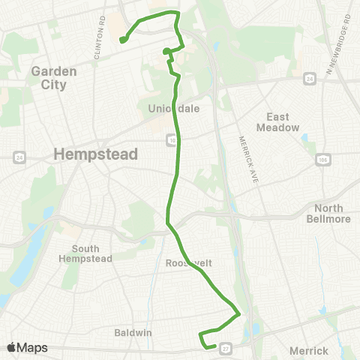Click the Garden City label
(x=49, y=78)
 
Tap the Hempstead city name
(x=96, y=154)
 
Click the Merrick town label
(x=308, y=350)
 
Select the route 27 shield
(x=225, y=347)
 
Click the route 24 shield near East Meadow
(x=308, y=76)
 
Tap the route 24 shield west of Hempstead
(x=19, y=157)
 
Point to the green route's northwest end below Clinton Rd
(x=121, y=40)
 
